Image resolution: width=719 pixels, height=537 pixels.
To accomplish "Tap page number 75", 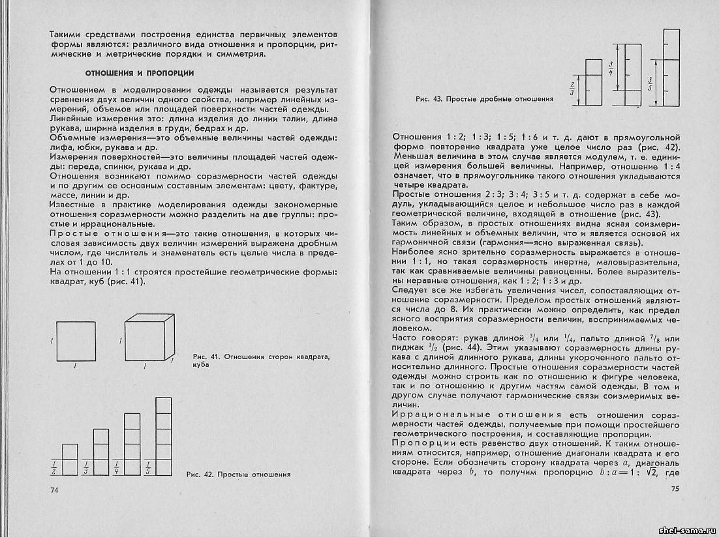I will [x=671, y=489].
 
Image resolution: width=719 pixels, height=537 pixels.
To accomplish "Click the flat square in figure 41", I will [x=78, y=342].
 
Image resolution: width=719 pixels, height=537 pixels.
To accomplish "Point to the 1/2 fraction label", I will [x=54, y=467].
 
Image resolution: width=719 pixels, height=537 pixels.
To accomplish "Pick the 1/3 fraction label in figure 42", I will [x=85, y=467].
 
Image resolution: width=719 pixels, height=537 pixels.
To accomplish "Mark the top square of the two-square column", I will [x=70, y=452].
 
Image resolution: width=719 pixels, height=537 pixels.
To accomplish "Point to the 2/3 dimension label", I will [x=572, y=88].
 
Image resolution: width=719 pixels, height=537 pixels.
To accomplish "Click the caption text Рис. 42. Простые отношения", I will [x=238, y=474].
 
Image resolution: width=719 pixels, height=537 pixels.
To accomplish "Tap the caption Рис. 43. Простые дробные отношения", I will [x=484, y=100].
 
